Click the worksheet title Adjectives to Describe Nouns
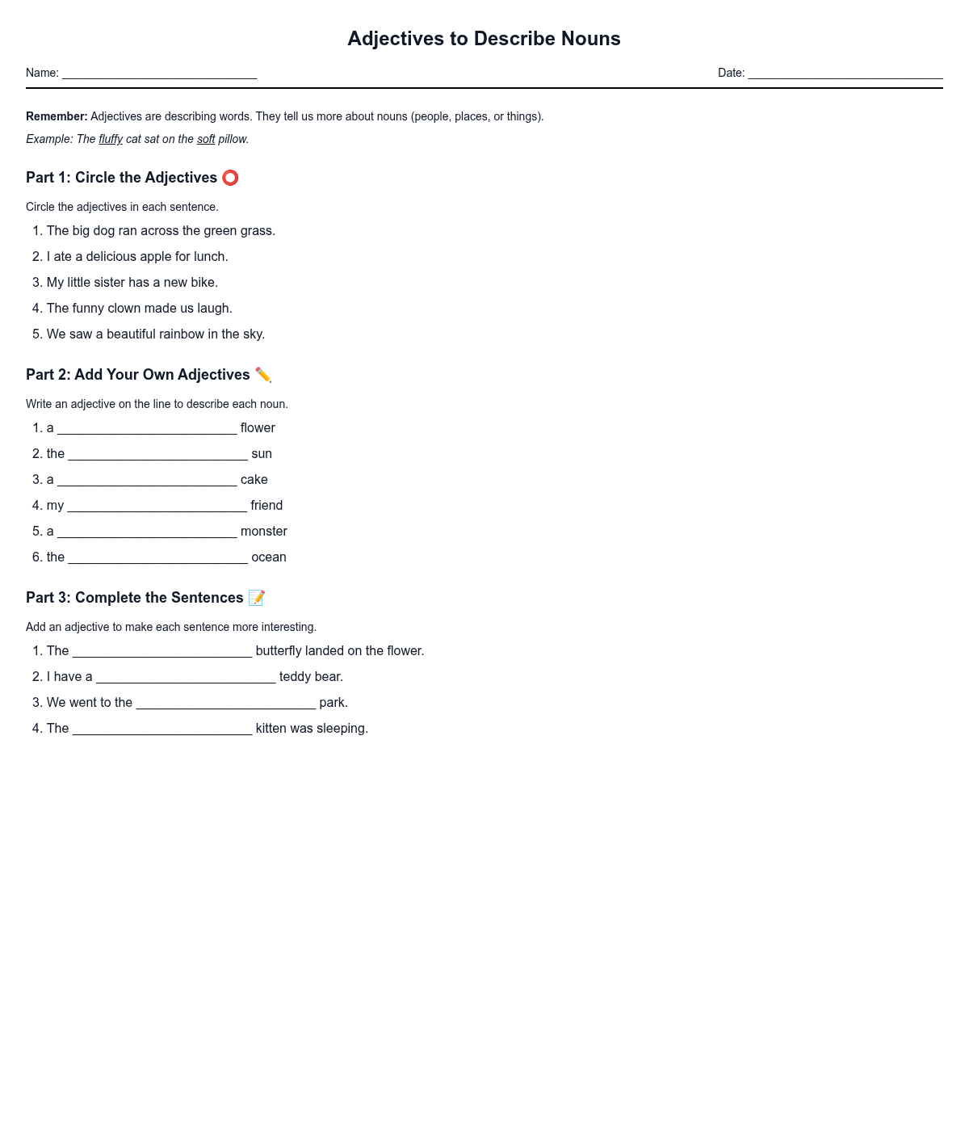484,39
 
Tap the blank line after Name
159,74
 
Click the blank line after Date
845,74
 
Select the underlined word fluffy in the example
111,139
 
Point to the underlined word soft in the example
206,139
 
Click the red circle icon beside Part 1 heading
230,178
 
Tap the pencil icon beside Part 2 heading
263,375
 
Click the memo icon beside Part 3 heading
257,598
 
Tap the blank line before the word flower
147,430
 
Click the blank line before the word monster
147,533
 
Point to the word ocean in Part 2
269,557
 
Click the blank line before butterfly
162,653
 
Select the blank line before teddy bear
186,679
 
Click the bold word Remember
57,116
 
